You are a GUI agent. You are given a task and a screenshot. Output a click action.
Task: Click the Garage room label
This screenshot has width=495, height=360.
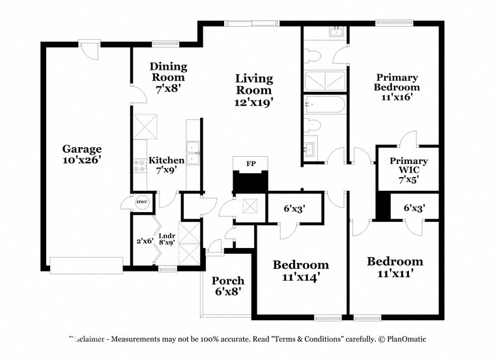(81, 148)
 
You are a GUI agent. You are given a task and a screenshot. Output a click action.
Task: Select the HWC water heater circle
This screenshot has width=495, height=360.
(141, 202)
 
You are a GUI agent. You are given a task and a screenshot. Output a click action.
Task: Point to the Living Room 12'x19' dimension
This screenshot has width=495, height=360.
(253, 102)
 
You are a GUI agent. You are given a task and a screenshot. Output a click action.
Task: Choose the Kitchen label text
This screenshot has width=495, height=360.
(166, 160)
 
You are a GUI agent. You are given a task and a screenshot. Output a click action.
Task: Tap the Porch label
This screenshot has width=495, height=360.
(228, 281)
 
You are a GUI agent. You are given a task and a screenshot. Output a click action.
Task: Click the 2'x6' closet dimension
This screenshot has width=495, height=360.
(144, 241)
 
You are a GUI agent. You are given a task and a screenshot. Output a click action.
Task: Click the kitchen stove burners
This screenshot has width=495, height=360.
(139, 165)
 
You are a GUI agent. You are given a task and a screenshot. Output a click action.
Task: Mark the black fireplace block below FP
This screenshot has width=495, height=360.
(250, 182)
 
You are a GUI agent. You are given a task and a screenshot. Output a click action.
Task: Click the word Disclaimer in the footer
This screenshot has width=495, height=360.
(91, 339)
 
